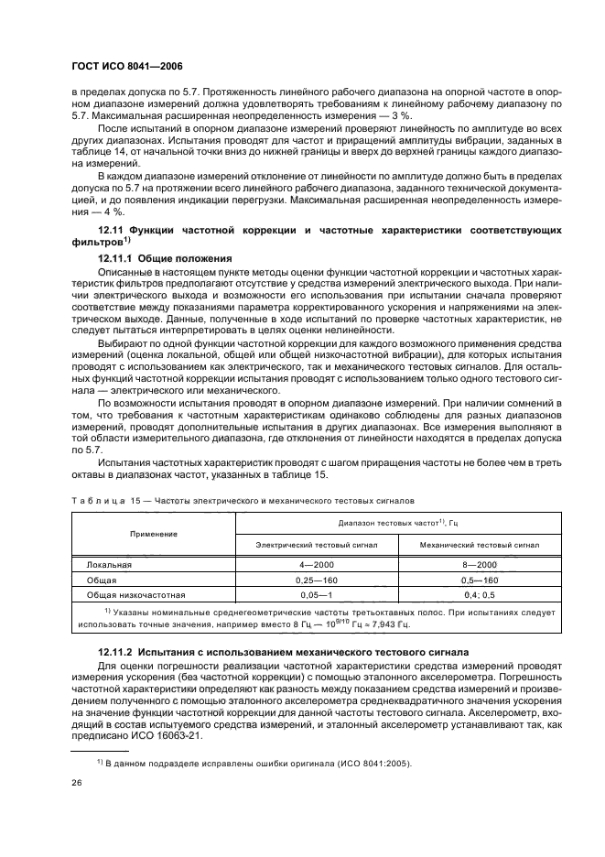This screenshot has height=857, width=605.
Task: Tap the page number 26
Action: pyautogui.click(x=78, y=783)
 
